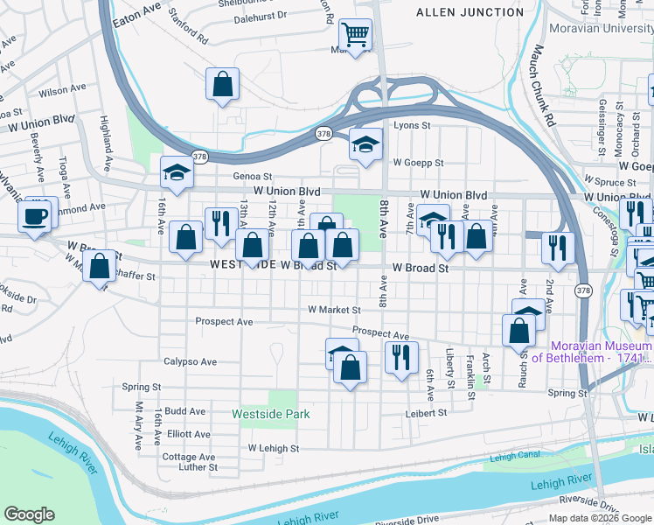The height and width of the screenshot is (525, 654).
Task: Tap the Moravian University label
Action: [x=601, y=29]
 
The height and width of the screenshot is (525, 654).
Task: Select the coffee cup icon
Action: [x=35, y=217]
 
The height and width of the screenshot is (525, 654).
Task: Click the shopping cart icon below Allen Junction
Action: [x=355, y=37]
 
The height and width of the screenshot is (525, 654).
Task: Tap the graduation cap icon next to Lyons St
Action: [x=365, y=145]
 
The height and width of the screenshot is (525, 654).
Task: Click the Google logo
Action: [x=29, y=514]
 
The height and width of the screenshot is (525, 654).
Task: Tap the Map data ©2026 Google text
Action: [x=600, y=518]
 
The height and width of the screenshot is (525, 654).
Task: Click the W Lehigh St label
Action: [x=273, y=448]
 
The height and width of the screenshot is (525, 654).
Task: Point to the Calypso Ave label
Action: [x=190, y=361]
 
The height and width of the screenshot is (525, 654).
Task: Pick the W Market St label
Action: [x=334, y=310]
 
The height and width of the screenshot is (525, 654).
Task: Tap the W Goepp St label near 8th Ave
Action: [x=418, y=163]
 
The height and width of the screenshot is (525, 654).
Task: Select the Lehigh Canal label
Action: [x=515, y=457]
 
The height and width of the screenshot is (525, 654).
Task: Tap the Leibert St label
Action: [x=426, y=412]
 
